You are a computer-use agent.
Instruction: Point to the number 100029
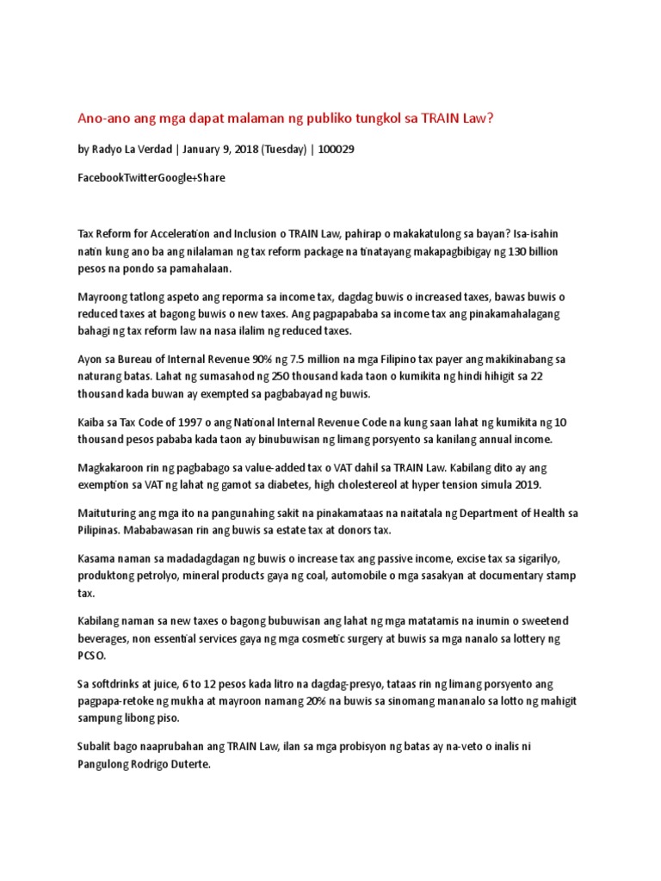coord(336,149)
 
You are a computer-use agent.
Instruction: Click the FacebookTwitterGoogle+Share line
coord(152,177)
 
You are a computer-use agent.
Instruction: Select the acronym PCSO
coord(93,656)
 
